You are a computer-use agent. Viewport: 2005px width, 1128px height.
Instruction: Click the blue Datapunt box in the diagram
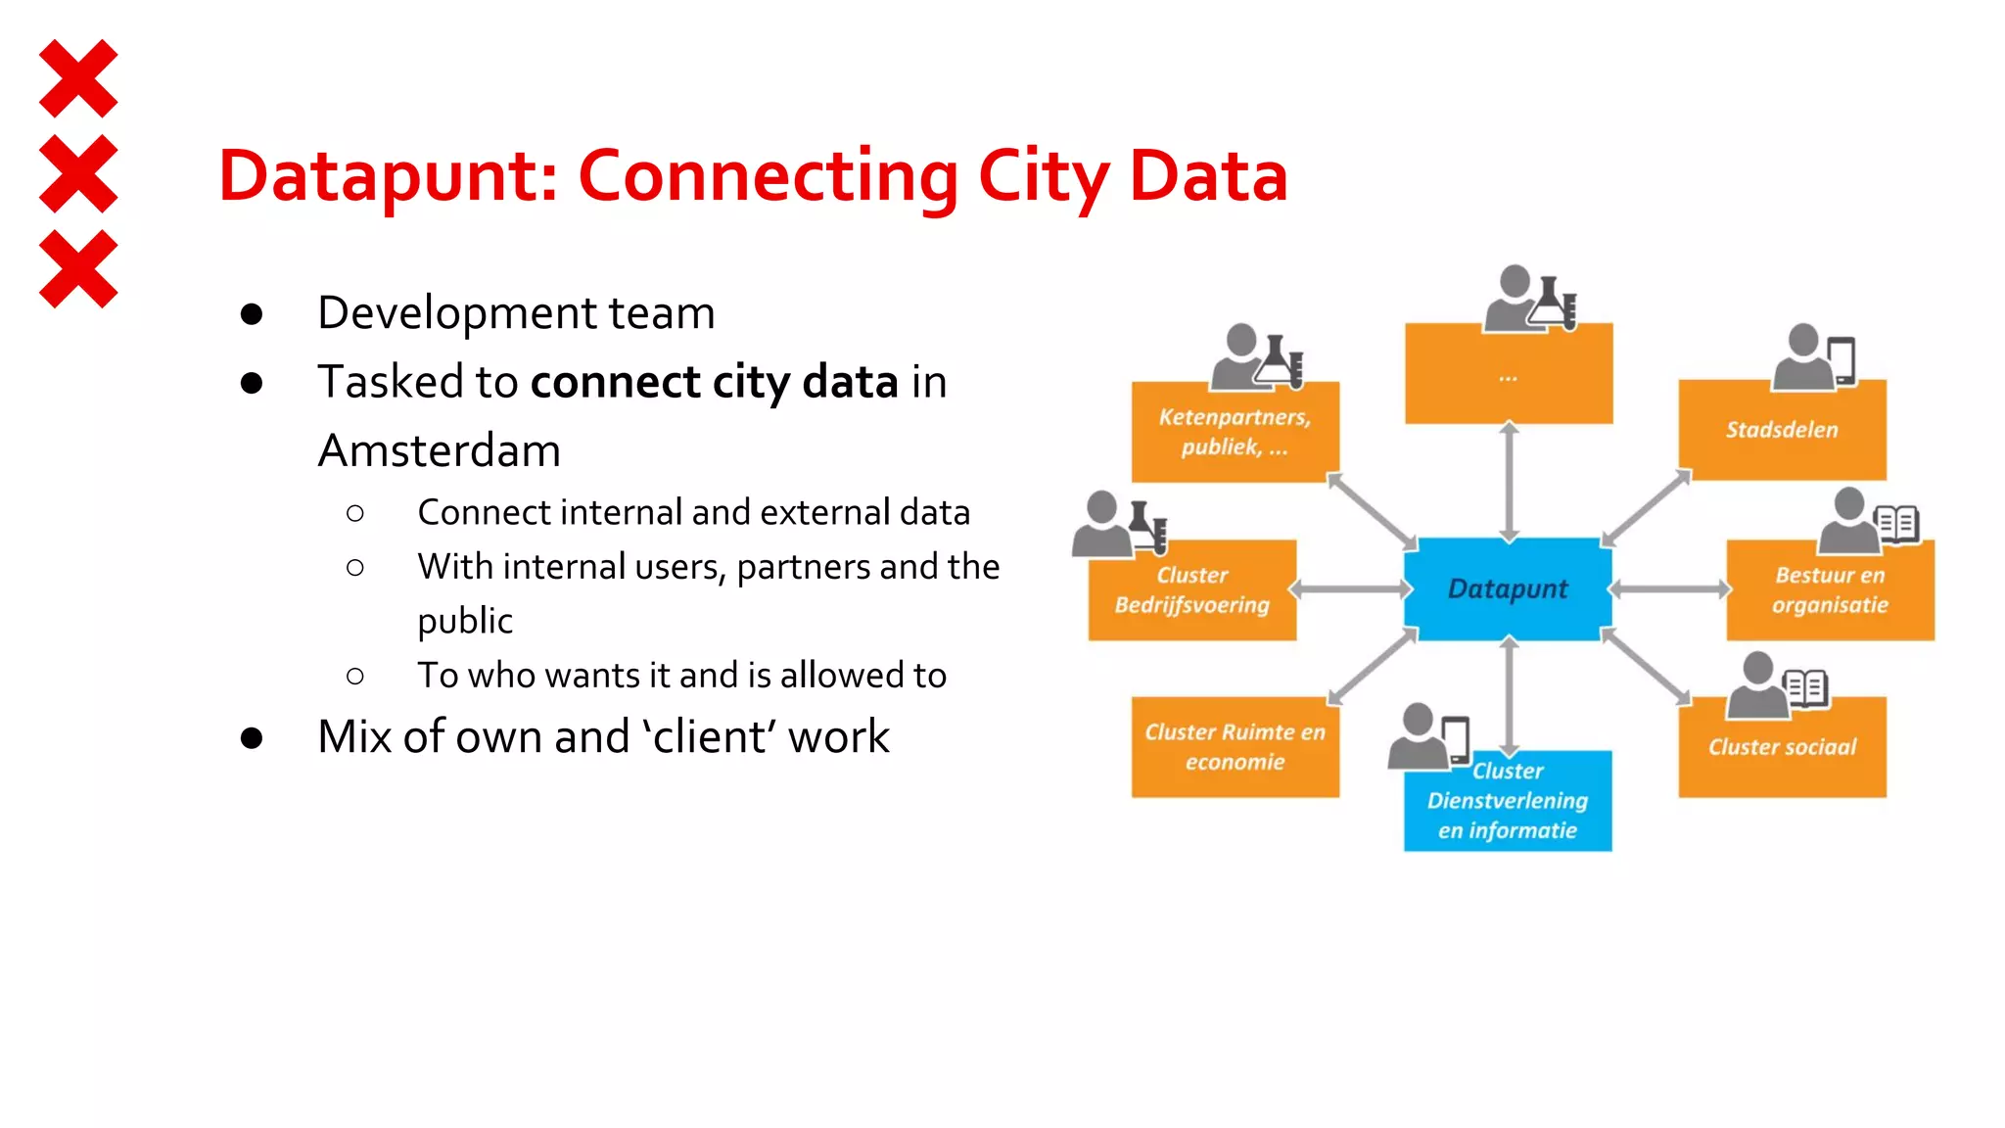click(x=1508, y=588)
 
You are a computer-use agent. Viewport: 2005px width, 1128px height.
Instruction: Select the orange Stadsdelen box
click(x=1782, y=431)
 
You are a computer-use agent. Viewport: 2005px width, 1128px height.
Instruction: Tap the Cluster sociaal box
click(x=1782, y=748)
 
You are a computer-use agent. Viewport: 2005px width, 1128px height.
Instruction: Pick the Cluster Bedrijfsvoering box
click(x=1191, y=590)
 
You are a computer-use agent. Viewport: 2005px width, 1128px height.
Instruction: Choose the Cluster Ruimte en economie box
click(x=1235, y=747)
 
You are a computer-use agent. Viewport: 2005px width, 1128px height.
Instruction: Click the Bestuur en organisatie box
click(x=1830, y=590)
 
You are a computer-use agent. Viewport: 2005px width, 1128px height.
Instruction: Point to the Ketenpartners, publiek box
click(x=1235, y=432)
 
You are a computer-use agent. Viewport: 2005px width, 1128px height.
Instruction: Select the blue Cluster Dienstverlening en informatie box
click(x=1508, y=803)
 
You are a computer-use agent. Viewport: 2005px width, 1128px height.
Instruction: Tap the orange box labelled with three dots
click(x=1508, y=376)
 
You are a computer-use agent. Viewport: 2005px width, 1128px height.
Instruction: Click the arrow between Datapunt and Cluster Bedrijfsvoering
click(x=1350, y=589)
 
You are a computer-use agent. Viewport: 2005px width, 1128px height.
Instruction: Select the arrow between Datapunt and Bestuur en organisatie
click(x=1669, y=589)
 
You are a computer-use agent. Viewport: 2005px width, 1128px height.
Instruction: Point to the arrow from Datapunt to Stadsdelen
click(x=1647, y=507)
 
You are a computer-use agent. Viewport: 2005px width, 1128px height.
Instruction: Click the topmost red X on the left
click(x=78, y=78)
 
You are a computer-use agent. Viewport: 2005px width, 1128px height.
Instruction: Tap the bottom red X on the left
click(x=78, y=269)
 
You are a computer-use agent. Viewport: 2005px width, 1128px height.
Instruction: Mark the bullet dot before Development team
click(x=252, y=314)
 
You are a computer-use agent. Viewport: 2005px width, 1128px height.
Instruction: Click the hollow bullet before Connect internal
click(x=355, y=513)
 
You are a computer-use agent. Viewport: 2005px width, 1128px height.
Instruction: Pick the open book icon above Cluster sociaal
click(x=1804, y=687)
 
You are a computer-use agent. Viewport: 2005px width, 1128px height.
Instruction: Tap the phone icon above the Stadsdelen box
click(x=1841, y=359)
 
